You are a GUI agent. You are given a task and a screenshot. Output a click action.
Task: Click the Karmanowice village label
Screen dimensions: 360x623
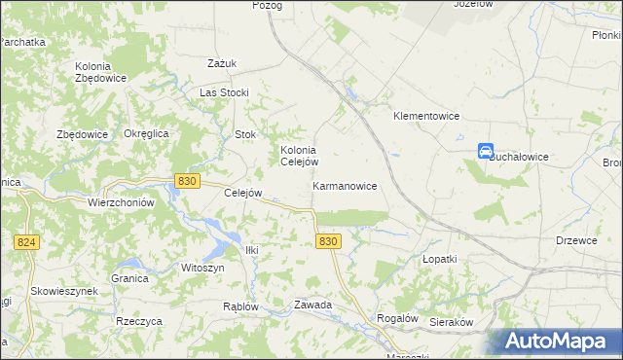[345, 185]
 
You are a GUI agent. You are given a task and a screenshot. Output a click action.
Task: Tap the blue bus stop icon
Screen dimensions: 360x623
[485, 150]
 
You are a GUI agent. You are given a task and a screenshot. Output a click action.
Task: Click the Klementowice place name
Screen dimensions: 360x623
[425, 116]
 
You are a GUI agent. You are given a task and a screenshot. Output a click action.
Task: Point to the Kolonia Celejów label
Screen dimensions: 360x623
[300, 156]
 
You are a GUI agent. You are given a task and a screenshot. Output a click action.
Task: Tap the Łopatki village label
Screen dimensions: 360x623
[440, 260]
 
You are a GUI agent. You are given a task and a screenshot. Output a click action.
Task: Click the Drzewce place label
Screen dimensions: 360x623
[575, 239]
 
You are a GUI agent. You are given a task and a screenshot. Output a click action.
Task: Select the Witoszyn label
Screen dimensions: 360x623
[202, 268]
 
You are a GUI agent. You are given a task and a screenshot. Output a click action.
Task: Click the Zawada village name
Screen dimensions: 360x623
[313, 305]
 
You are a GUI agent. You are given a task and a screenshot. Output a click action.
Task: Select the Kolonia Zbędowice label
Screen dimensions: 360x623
[100, 72]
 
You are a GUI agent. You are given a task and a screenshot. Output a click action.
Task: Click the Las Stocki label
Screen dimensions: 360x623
[225, 92]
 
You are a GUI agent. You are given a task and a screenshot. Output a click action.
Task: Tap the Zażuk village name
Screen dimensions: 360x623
[223, 63]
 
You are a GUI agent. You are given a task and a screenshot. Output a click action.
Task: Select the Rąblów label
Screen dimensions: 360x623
[240, 306]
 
